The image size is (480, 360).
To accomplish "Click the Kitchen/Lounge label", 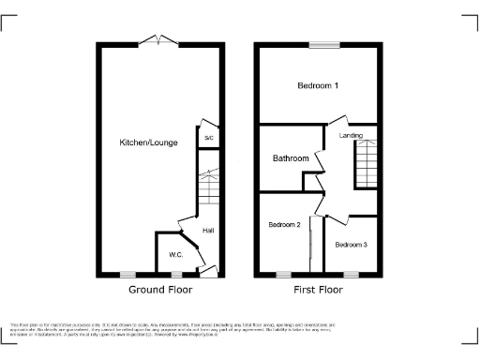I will point(143,142).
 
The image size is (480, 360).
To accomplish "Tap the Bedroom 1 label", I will point(318,86).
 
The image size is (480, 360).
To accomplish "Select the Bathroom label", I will point(291,158).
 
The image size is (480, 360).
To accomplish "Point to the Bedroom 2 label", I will point(284,225).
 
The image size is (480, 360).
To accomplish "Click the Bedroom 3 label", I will point(352,245).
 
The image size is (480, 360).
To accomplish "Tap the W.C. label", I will point(175,255).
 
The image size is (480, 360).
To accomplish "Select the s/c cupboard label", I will point(207,138).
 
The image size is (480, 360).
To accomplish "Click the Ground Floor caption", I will point(160,290).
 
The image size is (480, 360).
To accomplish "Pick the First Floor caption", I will point(318,290).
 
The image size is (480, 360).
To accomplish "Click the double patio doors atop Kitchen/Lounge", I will point(159,39).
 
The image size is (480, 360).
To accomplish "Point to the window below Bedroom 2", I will point(284,275).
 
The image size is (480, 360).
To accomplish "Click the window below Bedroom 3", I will point(352,275).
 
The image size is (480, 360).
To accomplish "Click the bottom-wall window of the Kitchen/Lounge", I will point(127,275).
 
